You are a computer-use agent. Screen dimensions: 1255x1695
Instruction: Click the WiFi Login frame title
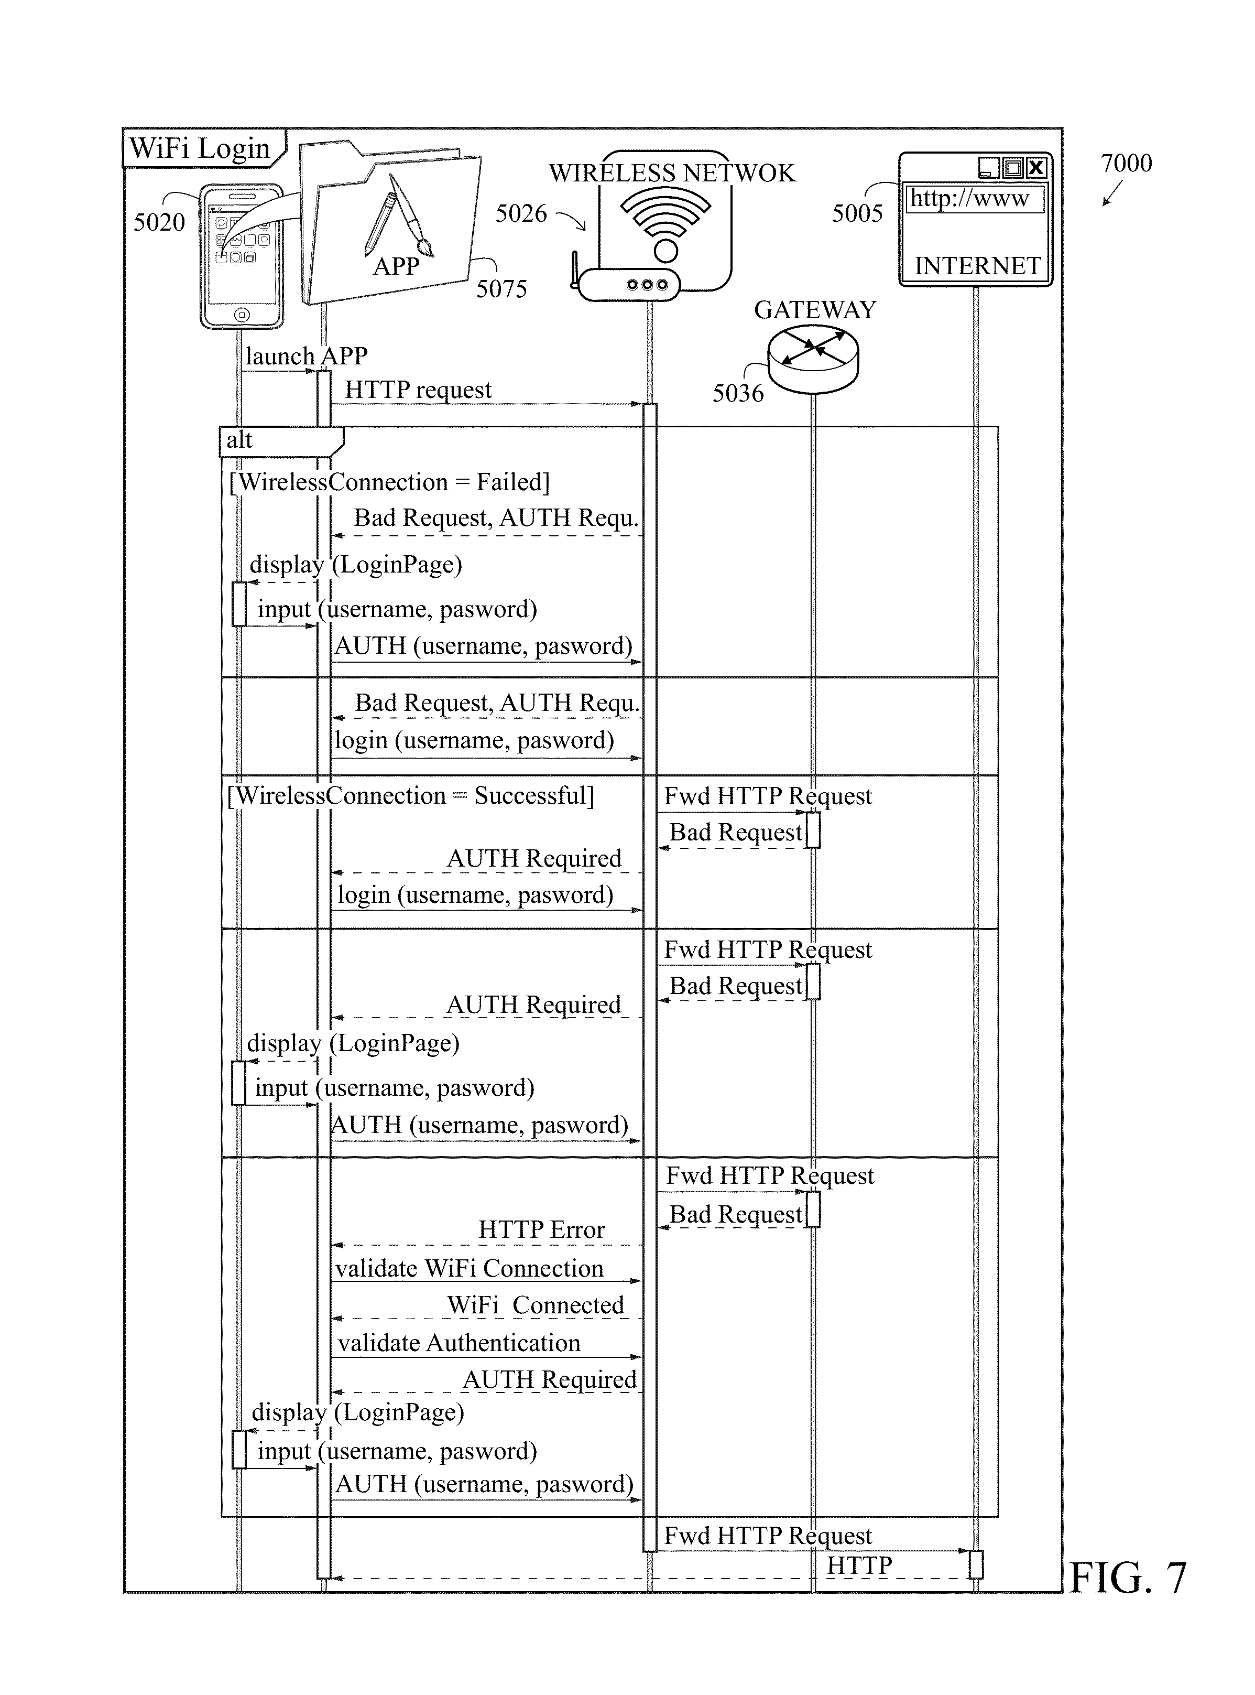tap(200, 147)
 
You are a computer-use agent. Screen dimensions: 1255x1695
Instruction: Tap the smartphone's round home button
tap(242, 314)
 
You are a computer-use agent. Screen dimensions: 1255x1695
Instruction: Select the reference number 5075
tap(501, 289)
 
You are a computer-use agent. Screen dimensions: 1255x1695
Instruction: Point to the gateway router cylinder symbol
tap(813, 359)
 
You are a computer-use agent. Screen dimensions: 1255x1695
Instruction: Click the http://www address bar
tap(975, 199)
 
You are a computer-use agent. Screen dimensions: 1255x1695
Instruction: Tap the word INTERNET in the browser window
tap(977, 266)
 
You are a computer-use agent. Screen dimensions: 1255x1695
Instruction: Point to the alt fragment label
tap(239, 439)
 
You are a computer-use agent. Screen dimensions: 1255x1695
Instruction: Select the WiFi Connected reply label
tap(536, 1304)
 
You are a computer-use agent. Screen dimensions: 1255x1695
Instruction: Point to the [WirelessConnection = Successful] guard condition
tap(411, 796)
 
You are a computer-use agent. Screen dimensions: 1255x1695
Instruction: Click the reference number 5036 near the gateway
tap(738, 393)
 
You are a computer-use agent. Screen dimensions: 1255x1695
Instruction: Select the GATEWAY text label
tap(815, 310)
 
